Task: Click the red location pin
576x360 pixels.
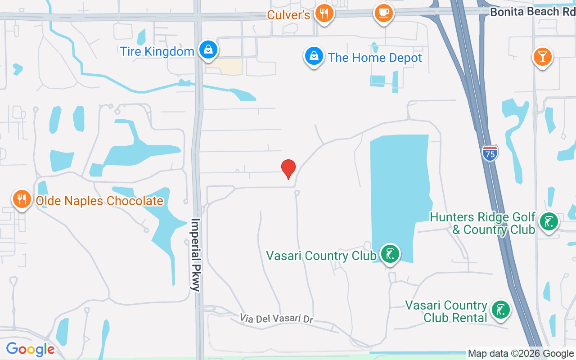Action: (288, 168)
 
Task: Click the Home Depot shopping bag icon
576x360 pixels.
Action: (314, 56)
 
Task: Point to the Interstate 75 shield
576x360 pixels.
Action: (490, 153)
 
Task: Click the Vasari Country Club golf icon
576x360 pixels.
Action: (390, 254)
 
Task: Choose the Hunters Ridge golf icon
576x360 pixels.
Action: (549, 221)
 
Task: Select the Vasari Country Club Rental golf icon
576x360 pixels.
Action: (500, 310)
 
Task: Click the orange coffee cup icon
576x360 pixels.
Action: (383, 13)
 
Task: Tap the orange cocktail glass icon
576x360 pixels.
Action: (542, 57)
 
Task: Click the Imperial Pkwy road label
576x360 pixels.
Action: (196, 255)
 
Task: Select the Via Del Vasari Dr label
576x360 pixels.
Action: (276, 319)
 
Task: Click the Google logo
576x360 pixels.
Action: (30, 349)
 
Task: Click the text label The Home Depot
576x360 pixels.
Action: (375, 58)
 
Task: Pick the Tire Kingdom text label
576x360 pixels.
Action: (157, 51)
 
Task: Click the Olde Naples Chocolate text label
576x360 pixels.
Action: (99, 201)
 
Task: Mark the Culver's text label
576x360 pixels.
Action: (288, 15)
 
